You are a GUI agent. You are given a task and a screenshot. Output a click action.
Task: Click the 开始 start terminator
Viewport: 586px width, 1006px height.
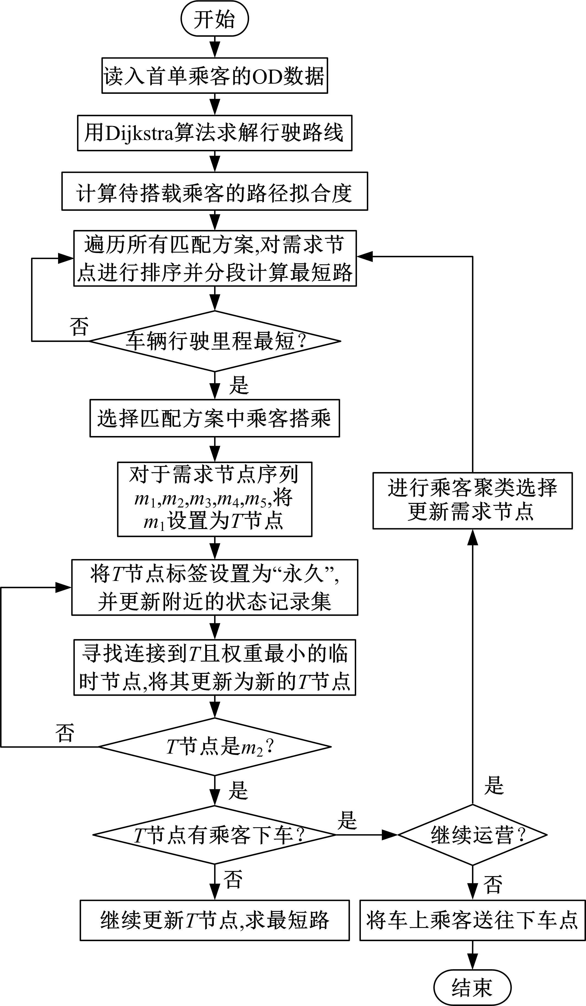pyautogui.click(x=214, y=20)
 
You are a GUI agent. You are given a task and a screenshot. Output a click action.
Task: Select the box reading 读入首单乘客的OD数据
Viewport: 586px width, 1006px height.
pyautogui.click(x=214, y=76)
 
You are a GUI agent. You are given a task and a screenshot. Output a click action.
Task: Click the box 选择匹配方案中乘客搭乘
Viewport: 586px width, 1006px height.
pyautogui.click(x=214, y=418)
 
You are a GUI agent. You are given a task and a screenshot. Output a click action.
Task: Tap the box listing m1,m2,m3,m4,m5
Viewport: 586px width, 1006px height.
pyautogui.click(x=214, y=499)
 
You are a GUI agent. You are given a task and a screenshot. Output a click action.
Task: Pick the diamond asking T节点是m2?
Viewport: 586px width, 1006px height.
pyautogui.click(x=214, y=747)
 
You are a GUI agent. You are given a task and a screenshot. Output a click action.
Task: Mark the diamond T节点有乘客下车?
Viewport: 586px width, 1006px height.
pyautogui.click(x=214, y=835)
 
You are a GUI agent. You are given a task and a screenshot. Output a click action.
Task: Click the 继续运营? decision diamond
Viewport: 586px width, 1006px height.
pyautogui.click(x=473, y=835)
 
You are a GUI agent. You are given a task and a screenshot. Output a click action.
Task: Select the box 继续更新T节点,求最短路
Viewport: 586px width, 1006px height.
pyautogui.click(x=214, y=920)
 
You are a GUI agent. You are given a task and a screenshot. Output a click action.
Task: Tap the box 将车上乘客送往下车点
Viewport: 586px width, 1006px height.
pyautogui.click(x=473, y=920)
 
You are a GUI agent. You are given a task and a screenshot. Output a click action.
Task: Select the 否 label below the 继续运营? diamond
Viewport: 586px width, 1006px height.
pyautogui.click(x=493, y=884)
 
